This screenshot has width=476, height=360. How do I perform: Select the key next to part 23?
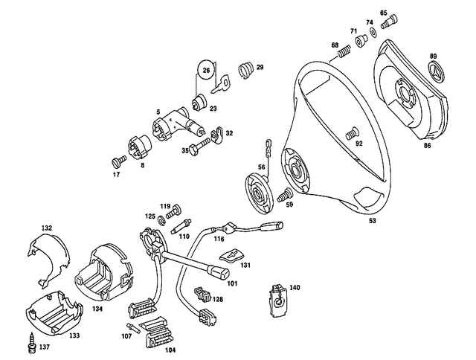[221, 88]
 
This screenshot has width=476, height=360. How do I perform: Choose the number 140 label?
[295, 287]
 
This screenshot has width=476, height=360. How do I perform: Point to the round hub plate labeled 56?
[260, 193]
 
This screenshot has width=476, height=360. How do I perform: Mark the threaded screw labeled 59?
[283, 196]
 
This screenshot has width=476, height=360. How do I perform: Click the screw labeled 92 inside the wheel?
[349, 134]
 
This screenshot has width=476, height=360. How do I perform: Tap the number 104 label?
[170, 349]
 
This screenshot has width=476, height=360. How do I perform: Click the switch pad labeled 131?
[232, 256]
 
